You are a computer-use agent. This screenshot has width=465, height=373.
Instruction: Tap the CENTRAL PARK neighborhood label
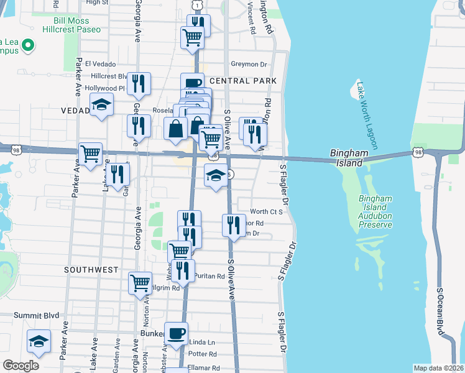[x=243, y=81]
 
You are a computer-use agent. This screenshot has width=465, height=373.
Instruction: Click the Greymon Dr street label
[x=249, y=63]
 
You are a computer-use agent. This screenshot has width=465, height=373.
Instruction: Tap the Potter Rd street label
[x=204, y=354]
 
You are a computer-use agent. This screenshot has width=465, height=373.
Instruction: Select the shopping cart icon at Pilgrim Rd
[x=140, y=282]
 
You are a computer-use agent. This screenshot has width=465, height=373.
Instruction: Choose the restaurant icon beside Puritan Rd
[x=183, y=269]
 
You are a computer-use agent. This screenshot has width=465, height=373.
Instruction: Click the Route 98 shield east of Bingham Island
[x=418, y=152]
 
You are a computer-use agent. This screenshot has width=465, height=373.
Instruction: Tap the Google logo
[x=21, y=366]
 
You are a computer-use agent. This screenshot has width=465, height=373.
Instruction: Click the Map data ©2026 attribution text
[x=438, y=368]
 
